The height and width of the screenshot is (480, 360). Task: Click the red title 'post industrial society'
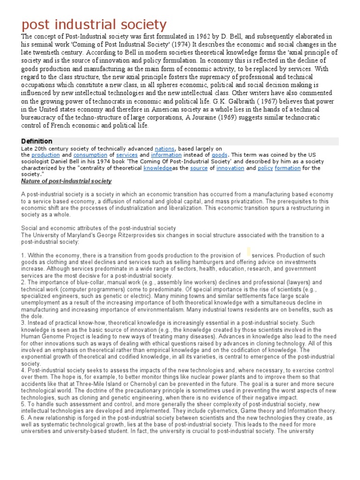(94, 24)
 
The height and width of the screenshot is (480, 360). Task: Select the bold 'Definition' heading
(37, 141)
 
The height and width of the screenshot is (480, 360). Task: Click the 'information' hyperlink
(166, 155)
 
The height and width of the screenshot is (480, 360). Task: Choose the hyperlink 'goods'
(219, 155)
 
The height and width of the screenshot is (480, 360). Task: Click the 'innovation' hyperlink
(230, 168)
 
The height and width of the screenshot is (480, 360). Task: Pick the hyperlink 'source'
(199, 168)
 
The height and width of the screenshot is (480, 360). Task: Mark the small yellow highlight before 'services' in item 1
(248, 252)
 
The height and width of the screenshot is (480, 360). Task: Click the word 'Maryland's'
(80, 235)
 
